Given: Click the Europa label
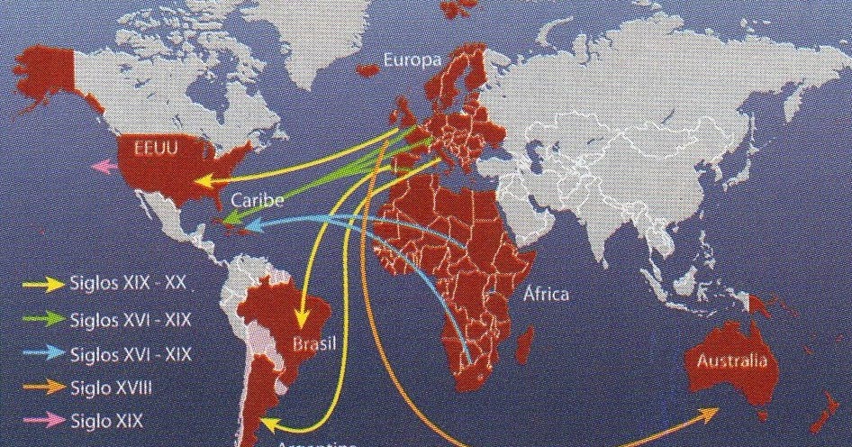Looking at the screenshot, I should (x=412, y=61).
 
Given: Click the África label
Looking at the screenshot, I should (x=548, y=295).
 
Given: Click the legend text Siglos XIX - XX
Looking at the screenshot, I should (x=128, y=283).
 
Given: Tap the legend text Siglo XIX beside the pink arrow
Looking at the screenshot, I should (x=106, y=420).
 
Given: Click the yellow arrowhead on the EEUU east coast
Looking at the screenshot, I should (x=205, y=181).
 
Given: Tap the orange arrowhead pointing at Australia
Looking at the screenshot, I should (x=710, y=413).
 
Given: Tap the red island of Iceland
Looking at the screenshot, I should (x=369, y=70).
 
